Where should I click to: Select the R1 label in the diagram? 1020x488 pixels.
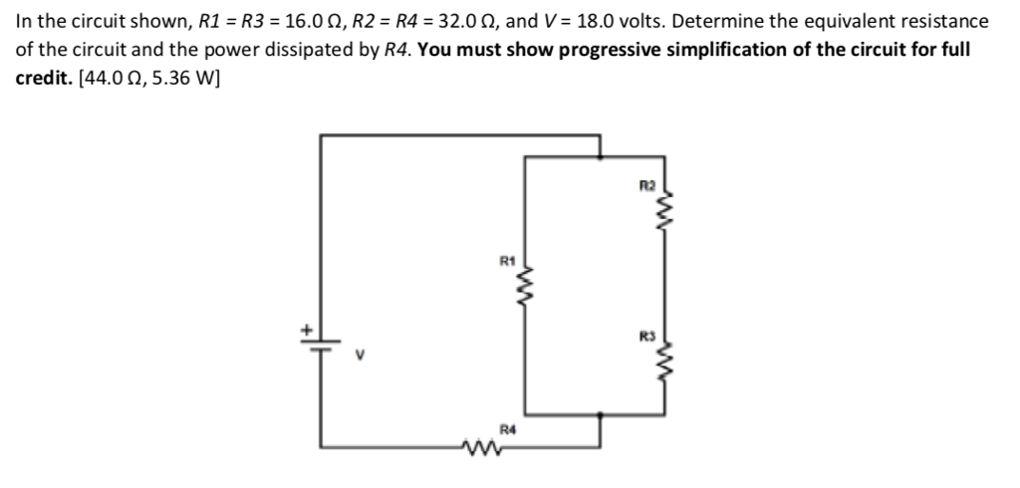[x=505, y=261]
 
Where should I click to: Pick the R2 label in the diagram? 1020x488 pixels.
[x=645, y=185]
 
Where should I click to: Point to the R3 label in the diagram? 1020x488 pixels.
[x=645, y=336]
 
